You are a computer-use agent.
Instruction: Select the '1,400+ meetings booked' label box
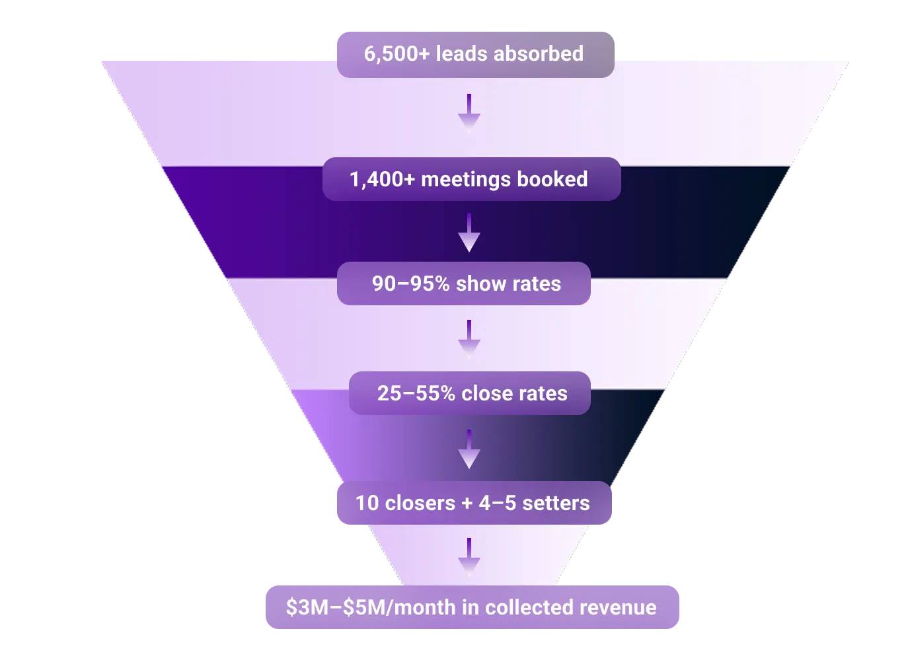[x=471, y=179]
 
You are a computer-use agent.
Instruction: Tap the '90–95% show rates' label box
[x=463, y=283]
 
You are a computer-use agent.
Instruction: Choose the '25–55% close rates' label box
[x=469, y=393]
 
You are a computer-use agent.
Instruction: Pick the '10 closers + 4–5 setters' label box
[x=474, y=503]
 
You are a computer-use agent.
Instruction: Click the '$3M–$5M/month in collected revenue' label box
[x=472, y=607]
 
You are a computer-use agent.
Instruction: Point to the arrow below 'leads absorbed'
[x=469, y=112]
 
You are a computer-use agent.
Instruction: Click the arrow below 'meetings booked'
[x=469, y=233]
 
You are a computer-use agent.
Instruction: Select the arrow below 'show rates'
[x=469, y=338]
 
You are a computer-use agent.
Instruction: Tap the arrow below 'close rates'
[x=469, y=449]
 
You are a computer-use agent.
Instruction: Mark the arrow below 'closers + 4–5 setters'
[x=469, y=556]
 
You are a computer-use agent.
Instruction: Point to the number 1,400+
[x=382, y=180]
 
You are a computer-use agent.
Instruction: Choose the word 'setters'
[x=556, y=504]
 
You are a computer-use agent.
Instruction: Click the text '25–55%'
[x=416, y=394]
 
